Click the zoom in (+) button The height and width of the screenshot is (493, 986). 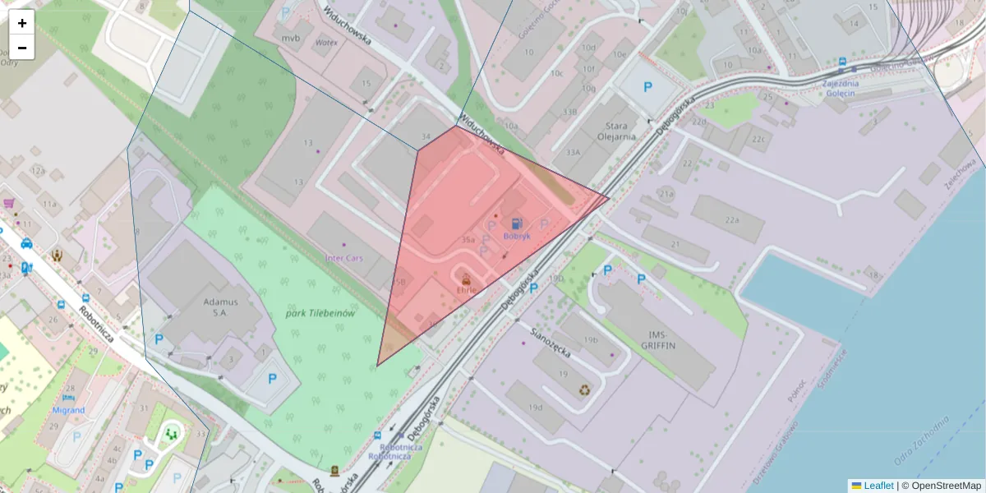pyautogui.click(x=22, y=23)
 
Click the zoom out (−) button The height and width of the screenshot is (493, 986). pyautogui.click(x=22, y=48)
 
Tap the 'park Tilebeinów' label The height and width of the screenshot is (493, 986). pyautogui.click(x=320, y=314)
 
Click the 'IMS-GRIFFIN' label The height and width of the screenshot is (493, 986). pyautogui.click(x=661, y=340)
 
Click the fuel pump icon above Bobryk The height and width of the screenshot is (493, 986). pyautogui.click(x=516, y=223)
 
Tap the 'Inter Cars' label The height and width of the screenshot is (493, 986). pyautogui.click(x=344, y=258)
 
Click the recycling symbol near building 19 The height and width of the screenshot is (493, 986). pyautogui.click(x=584, y=390)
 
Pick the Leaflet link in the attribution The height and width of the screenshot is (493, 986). pyautogui.click(x=878, y=486)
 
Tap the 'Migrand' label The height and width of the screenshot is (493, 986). pyautogui.click(x=68, y=410)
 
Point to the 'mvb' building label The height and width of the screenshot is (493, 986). pyautogui.click(x=291, y=38)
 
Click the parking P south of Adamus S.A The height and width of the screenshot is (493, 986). pyautogui.click(x=272, y=380)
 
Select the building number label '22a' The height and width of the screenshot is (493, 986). pyautogui.click(x=730, y=220)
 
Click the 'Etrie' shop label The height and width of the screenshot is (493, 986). pyautogui.click(x=466, y=289)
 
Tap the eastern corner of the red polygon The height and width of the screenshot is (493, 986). pyautogui.click(x=609, y=197)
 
